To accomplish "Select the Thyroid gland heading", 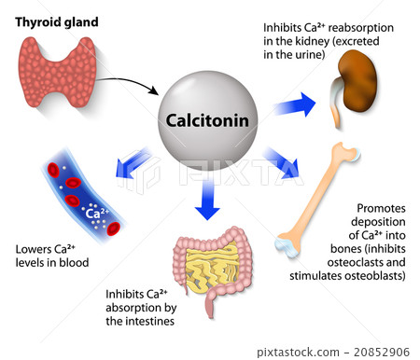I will [x=55, y=20].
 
